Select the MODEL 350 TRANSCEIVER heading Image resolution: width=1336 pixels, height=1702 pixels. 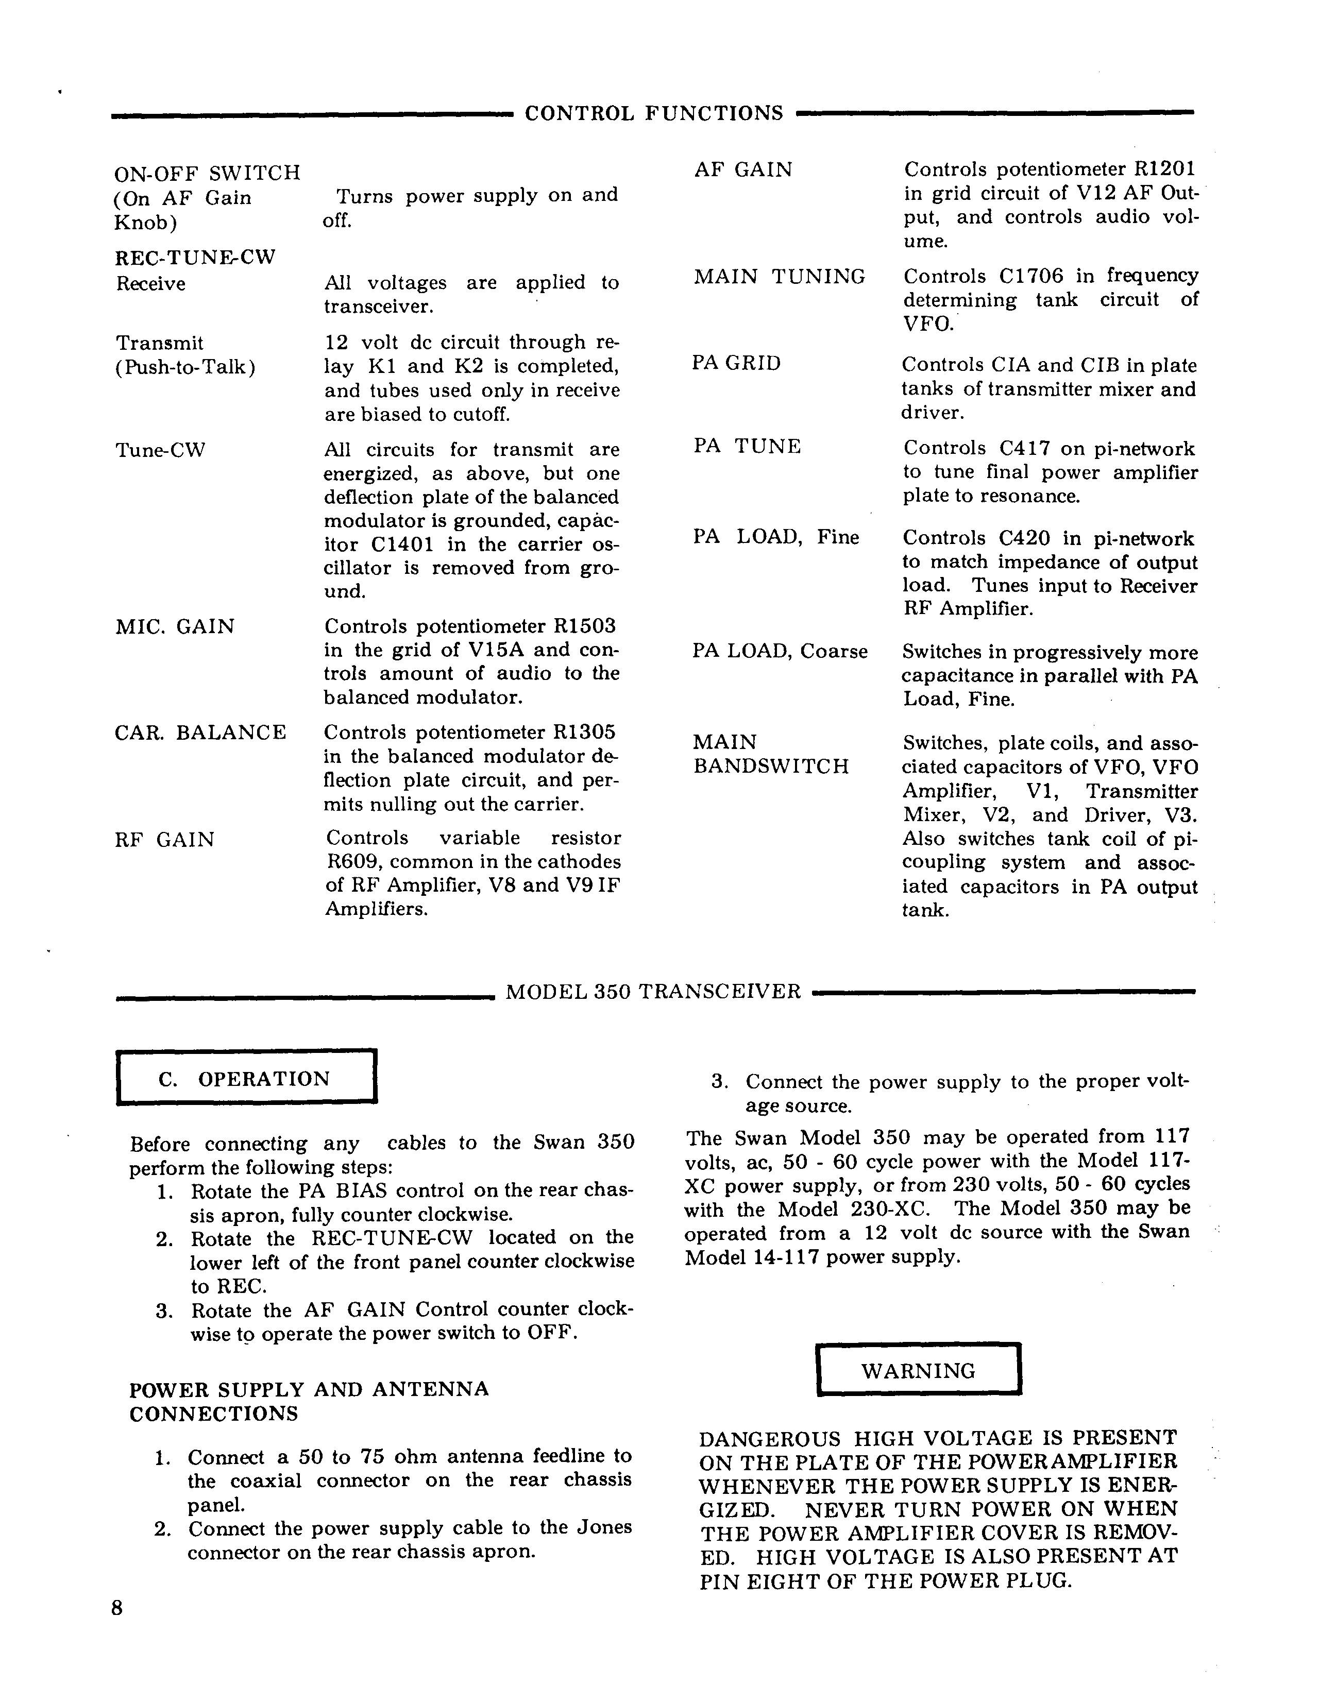tap(653, 992)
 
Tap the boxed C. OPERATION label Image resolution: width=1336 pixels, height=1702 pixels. tap(245, 1079)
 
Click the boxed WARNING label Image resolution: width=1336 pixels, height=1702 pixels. tap(918, 1370)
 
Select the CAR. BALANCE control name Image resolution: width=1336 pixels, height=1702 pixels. tap(200, 733)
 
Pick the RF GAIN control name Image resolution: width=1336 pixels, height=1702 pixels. tap(164, 840)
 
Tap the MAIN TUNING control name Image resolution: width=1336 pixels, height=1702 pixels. tap(779, 277)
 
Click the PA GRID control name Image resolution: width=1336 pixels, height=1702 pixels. tap(736, 364)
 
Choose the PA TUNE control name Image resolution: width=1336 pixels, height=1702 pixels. tap(747, 447)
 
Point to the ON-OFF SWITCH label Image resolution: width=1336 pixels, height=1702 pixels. tap(207, 173)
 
